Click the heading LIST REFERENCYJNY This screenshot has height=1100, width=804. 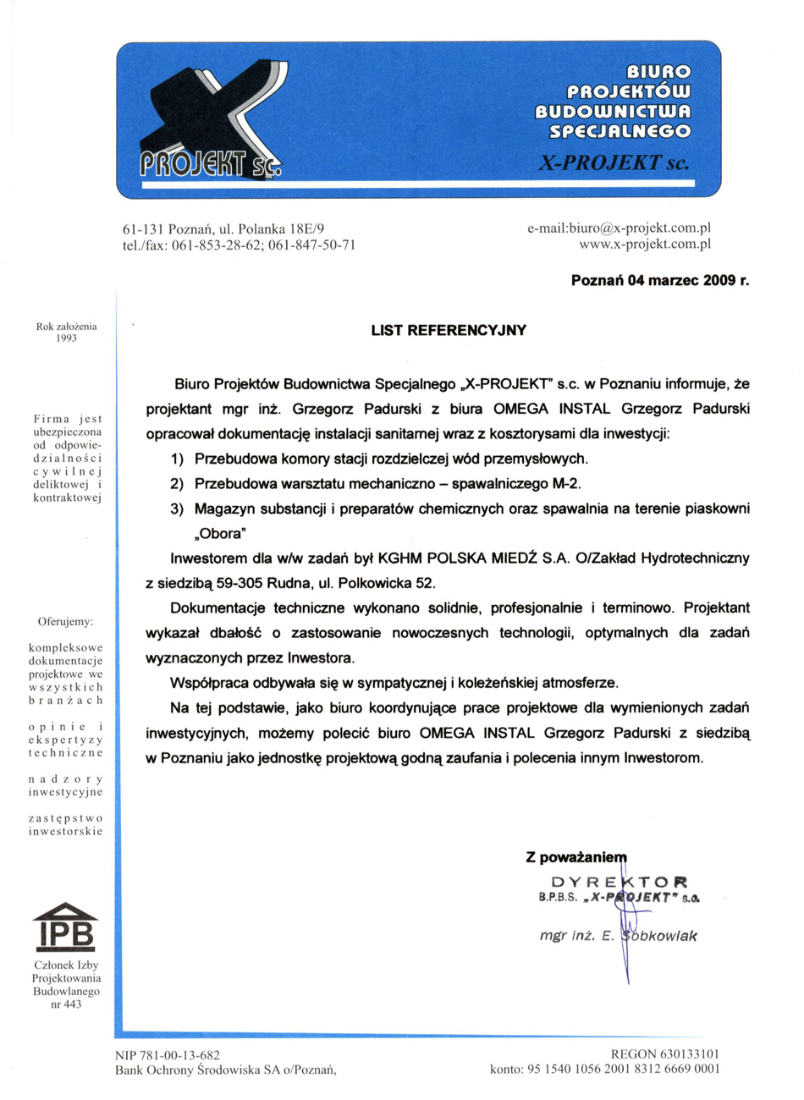(449, 330)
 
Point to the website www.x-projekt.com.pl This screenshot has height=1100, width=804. (645, 245)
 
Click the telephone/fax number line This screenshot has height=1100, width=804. (240, 245)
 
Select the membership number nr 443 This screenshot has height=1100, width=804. (66, 1004)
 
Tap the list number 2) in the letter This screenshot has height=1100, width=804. (176, 485)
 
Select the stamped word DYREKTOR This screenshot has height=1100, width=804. (620, 880)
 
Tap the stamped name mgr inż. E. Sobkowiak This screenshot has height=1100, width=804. (618, 936)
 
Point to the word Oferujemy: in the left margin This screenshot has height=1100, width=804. (65, 622)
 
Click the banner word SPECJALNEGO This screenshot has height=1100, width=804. (620, 131)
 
